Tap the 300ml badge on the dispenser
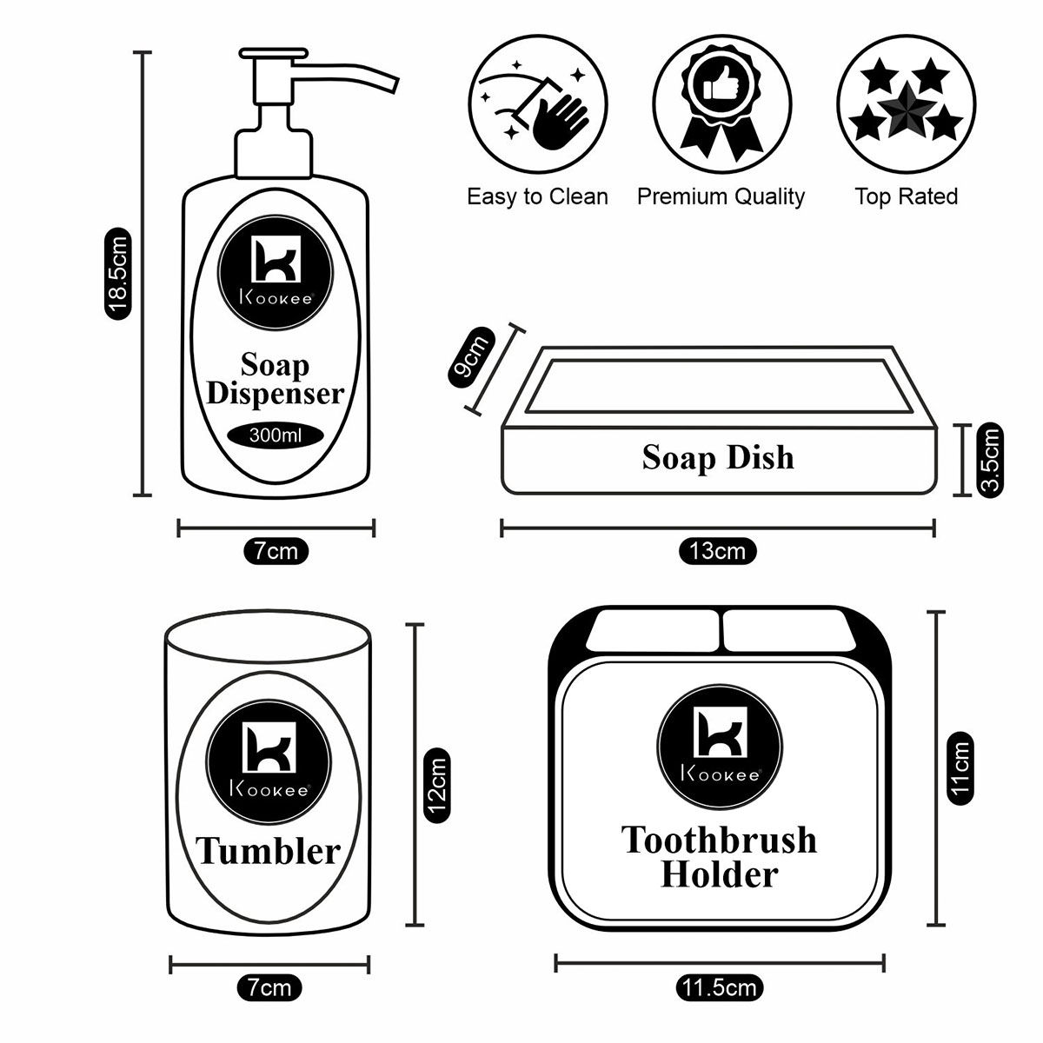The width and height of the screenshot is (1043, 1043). pos(276,435)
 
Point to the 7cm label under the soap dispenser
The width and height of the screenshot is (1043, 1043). pos(276,551)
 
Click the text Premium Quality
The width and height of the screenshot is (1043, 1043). pos(721,196)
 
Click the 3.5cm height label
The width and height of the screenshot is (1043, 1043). pos(990,459)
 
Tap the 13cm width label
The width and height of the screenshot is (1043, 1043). pos(717,551)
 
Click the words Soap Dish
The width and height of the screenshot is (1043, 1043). pos(718,457)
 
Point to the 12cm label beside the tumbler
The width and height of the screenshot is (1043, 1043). pos(437,785)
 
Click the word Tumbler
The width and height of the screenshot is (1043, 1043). pos(268,851)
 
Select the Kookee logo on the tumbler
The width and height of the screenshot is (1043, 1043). pos(268,754)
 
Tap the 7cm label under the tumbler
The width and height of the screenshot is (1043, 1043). pos(269,987)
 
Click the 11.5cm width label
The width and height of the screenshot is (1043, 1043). pos(720,988)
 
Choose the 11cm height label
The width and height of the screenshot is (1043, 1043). pos(960,769)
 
